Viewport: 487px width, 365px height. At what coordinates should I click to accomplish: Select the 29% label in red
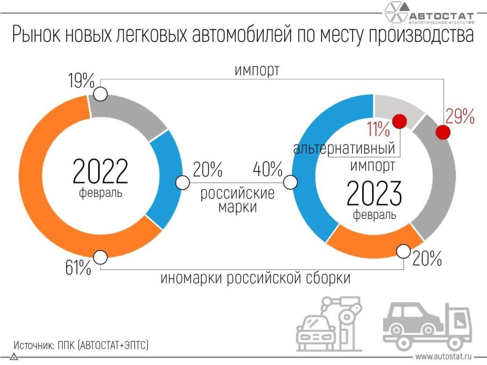pyautogui.click(x=460, y=116)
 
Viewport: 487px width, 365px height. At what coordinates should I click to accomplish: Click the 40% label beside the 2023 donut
pyautogui.click(x=267, y=170)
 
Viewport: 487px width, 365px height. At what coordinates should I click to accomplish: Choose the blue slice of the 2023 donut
pyautogui.click(x=313, y=174)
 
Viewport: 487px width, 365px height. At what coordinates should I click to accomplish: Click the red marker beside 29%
pyautogui.click(x=443, y=133)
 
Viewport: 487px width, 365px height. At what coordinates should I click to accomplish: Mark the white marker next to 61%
pyautogui.click(x=100, y=257)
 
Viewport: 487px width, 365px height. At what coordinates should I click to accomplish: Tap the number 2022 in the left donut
pyautogui.click(x=100, y=171)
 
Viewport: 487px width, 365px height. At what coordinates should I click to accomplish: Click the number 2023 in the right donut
pyautogui.click(x=374, y=194)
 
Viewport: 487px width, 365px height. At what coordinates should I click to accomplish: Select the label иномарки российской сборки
pyautogui.click(x=255, y=278)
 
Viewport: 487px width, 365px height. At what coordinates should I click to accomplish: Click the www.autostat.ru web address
pyautogui.click(x=443, y=356)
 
